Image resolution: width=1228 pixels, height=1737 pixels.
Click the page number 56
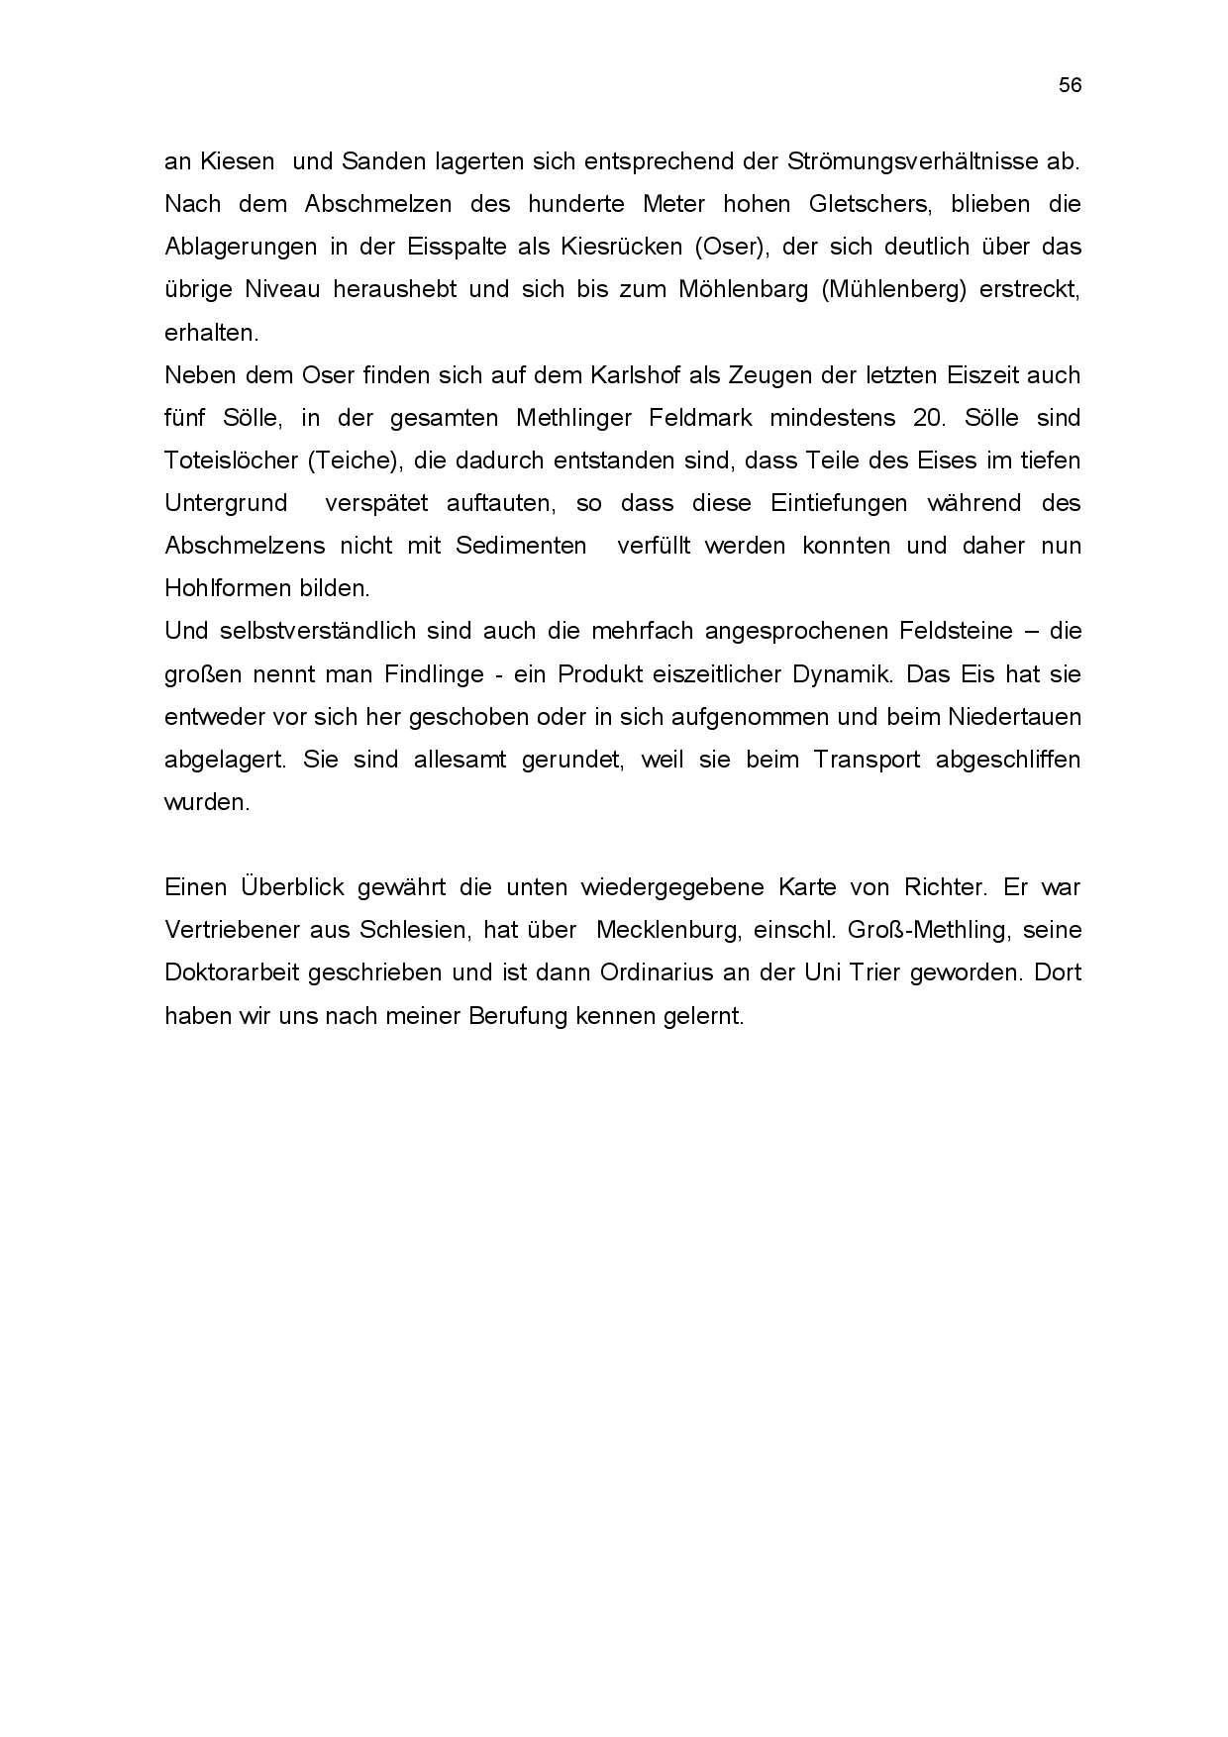[x=1070, y=85]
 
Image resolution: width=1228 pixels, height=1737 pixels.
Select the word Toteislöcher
[x=227, y=460]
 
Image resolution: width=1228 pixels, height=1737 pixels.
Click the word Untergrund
[x=226, y=503]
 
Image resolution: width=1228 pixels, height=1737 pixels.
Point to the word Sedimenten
[x=521, y=546]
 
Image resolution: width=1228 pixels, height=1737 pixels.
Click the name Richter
[x=939, y=887]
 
